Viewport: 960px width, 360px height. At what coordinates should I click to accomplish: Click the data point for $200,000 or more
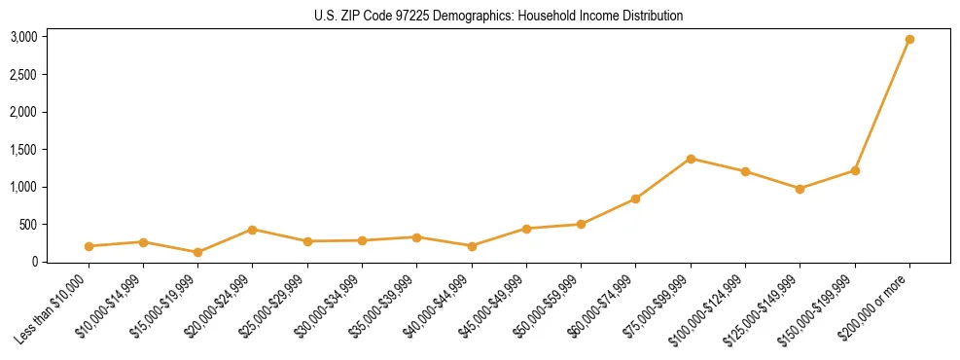coord(909,39)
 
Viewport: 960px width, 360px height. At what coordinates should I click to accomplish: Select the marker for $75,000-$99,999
coord(691,159)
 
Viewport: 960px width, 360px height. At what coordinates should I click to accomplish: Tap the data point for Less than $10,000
coord(89,246)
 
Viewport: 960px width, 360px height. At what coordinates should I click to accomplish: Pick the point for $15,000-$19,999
coord(197,252)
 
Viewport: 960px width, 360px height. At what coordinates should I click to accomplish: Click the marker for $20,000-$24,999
coord(252,230)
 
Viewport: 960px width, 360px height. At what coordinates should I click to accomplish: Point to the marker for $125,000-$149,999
coord(800,189)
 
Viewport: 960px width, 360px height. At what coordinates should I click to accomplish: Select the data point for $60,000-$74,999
coord(635,198)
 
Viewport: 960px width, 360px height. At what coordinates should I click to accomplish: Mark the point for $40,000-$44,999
coord(472,246)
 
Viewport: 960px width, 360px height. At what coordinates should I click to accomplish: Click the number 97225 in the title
coord(419,16)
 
